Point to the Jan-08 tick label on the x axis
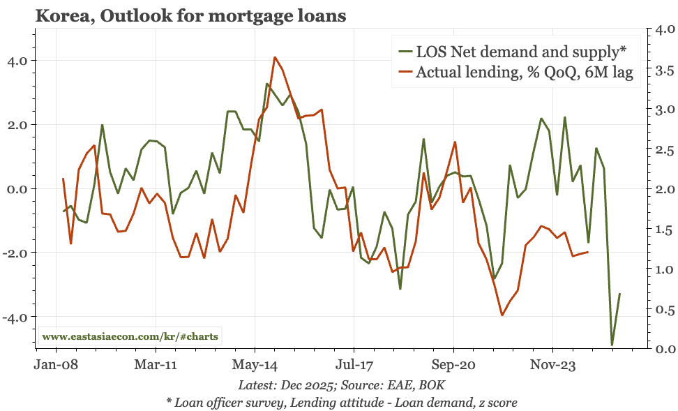tap(56, 365)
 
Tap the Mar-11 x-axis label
tap(155, 365)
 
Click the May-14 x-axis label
tap(255, 365)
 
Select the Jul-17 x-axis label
tap(354, 365)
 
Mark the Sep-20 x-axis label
tap(453, 365)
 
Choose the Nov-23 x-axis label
tap(552, 365)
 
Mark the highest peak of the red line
tap(275, 57)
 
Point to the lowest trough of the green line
tap(612, 345)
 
